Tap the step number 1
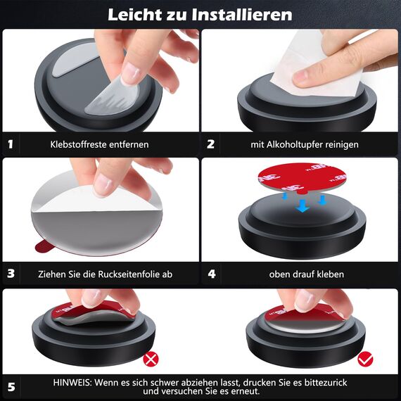tap(11, 144)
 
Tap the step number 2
tap(210, 144)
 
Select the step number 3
tap(11, 274)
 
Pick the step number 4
tap(210, 274)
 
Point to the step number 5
tap(11, 386)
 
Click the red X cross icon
tap(151, 359)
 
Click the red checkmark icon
tap(365, 359)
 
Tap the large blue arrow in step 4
tap(302, 205)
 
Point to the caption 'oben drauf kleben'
tap(306, 274)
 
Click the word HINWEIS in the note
tap(72, 381)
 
